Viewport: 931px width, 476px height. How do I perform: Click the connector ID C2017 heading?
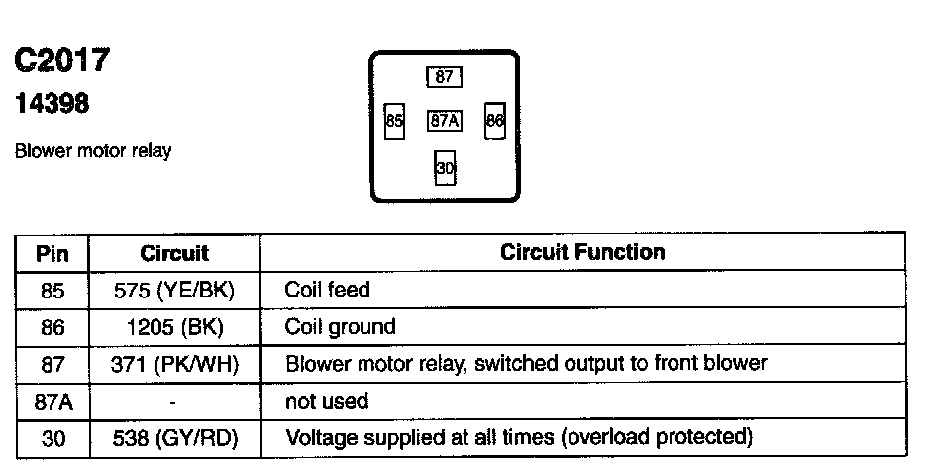(x=60, y=61)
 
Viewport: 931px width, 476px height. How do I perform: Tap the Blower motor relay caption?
(x=93, y=152)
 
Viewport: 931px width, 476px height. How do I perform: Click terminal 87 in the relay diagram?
(x=445, y=77)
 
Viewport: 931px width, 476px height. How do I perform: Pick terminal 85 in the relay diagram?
(x=395, y=122)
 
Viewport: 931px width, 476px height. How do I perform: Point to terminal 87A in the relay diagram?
(x=445, y=121)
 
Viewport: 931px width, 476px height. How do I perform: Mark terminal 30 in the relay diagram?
(x=445, y=168)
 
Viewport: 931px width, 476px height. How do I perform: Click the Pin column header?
(x=52, y=253)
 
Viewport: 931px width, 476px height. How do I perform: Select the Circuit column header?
(x=174, y=253)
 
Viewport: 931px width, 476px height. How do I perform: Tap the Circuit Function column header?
(x=582, y=252)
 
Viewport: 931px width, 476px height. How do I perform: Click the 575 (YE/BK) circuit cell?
(x=174, y=291)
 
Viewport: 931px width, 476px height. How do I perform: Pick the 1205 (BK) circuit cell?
(x=174, y=327)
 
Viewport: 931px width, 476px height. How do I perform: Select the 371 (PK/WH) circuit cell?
(x=174, y=364)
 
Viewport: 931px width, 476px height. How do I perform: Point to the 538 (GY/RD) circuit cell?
(x=174, y=437)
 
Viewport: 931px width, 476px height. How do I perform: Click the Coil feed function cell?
(x=327, y=291)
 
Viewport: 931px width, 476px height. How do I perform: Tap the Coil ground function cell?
(x=340, y=327)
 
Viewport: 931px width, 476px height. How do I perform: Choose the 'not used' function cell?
(x=327, y=401)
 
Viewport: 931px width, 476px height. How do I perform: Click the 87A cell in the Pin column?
(x=52, y=401)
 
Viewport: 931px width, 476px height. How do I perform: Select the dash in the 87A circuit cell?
(x=173, y=402)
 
